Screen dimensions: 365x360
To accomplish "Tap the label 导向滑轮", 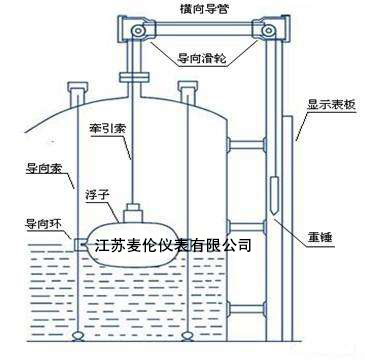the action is pos(202,59).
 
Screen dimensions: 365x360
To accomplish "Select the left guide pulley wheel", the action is pos(137,31).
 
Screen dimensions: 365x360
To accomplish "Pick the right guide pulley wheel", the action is pos(267,31).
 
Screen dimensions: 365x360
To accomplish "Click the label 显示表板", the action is pos(332,107).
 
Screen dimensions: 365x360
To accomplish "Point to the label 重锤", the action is pos(319,238).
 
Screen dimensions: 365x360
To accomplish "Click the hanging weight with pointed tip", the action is pos(273,196).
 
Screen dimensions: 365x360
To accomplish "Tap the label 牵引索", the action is pos(108,128).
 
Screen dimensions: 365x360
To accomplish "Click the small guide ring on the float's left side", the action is pos(80,245).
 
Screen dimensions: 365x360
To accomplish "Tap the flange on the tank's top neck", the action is pos(133,78).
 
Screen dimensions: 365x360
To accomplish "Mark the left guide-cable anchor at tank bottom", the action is pos(78,335).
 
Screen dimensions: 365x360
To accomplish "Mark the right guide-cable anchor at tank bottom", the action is pos(187,335).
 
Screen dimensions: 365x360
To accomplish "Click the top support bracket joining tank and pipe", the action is pos(246,145).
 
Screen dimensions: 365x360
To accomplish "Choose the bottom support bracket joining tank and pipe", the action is pos(246,308).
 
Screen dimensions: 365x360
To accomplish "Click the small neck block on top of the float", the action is pos(133,213).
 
